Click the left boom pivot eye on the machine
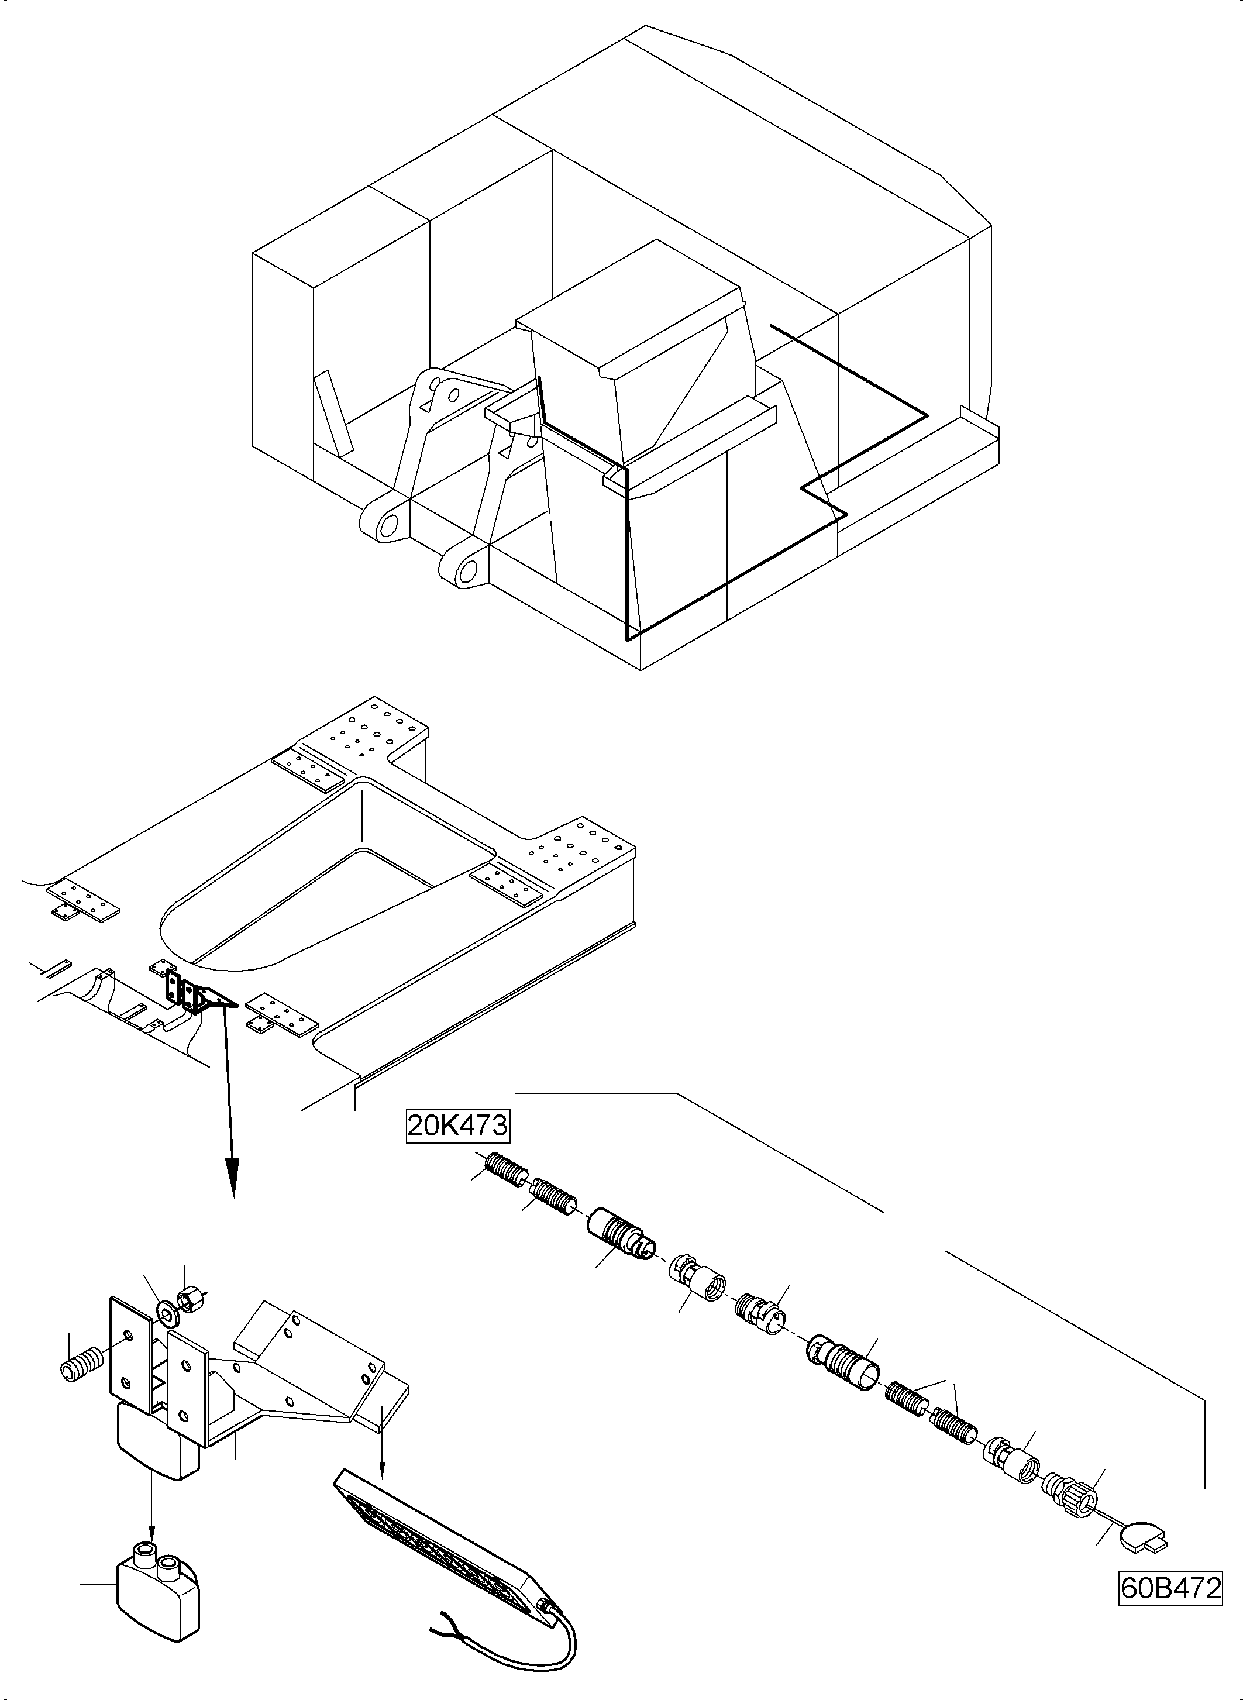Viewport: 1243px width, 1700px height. [386, 523]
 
